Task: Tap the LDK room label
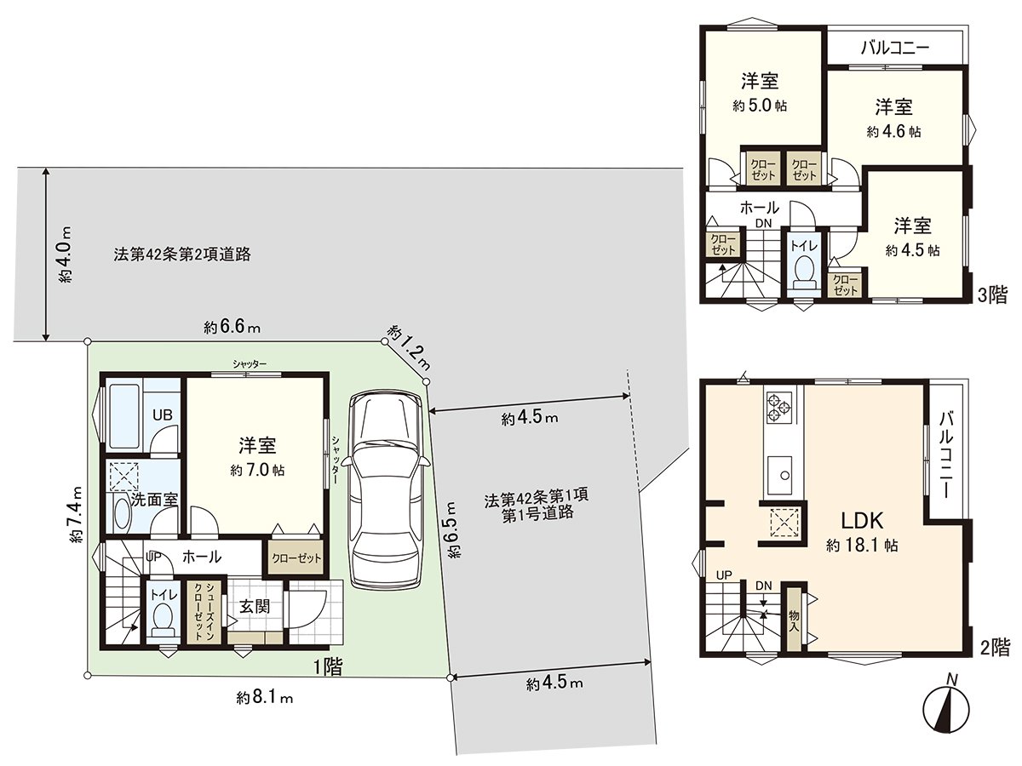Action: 862,521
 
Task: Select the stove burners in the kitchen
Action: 779,405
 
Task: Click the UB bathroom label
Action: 162,415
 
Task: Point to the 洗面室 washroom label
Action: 154,499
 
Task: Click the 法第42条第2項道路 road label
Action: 181,254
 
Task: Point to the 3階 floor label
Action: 991,295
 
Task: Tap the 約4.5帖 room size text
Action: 912,251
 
